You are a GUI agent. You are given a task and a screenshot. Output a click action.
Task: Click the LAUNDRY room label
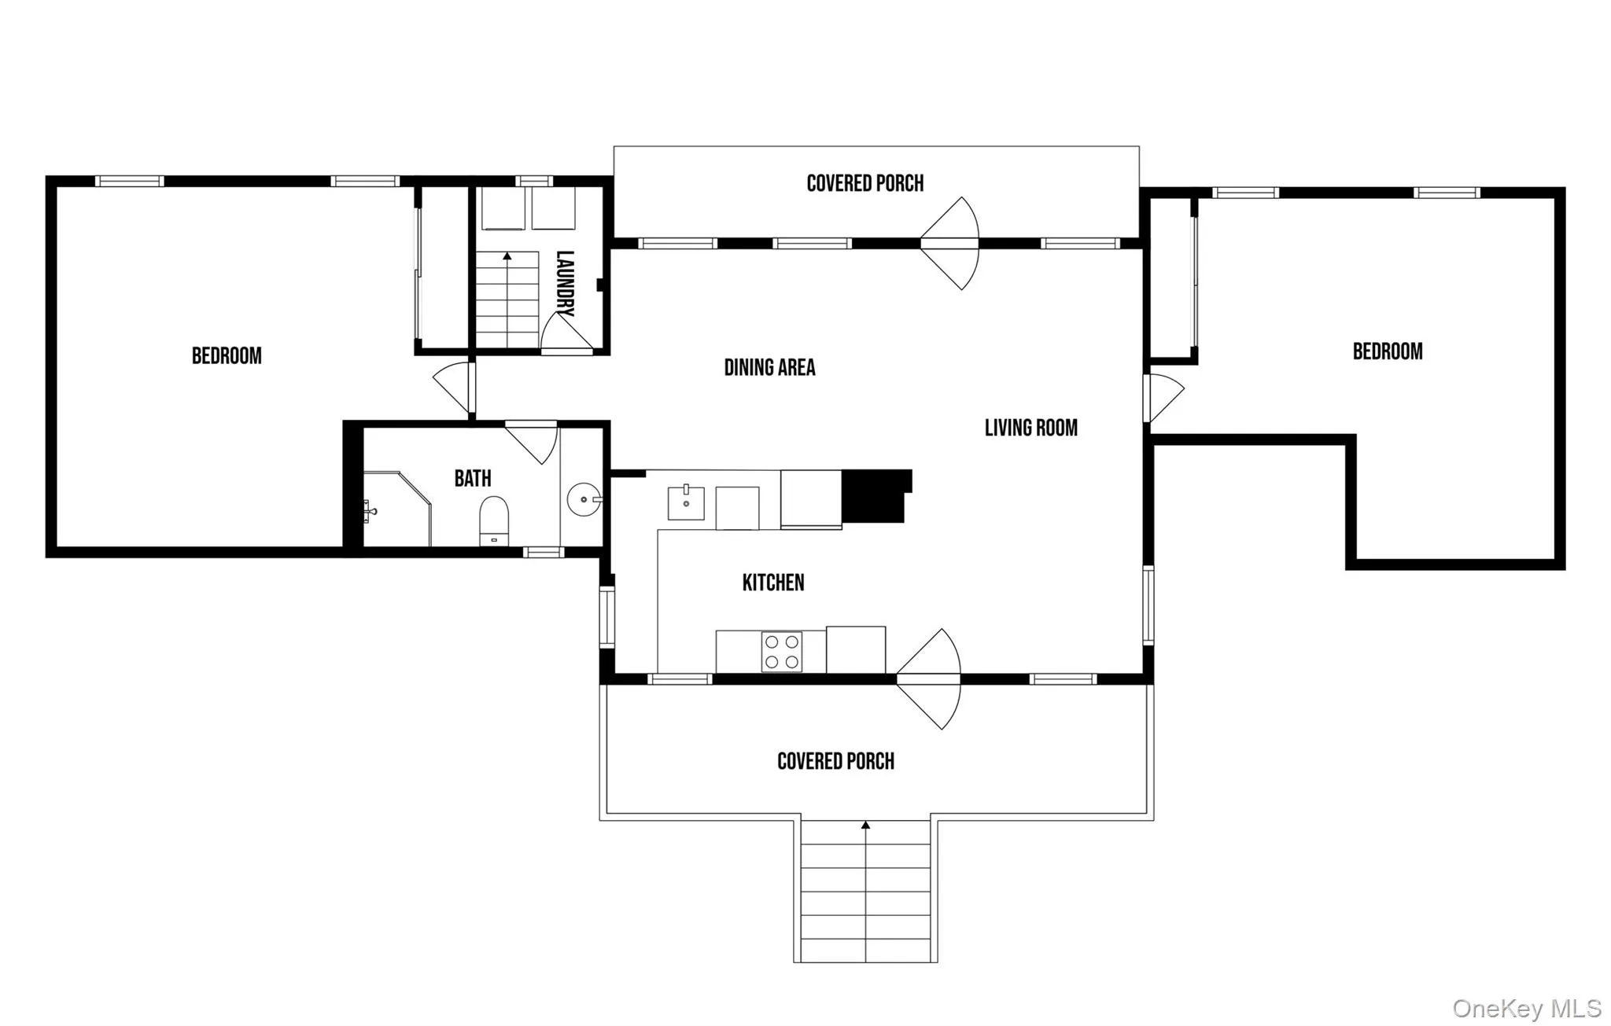[x=565, y=284]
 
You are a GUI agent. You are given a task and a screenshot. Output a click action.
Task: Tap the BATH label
[x=473, y=478]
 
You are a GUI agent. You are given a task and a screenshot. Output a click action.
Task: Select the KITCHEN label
[x=773, y=583]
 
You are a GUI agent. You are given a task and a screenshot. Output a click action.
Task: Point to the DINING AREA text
[x=769, y=367]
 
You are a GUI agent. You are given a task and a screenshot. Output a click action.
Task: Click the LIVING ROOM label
[x=1031, y=428]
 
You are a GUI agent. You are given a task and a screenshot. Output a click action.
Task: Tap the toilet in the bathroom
[x=494, y=520]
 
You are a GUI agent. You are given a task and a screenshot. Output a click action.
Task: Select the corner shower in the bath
[x=397, y=509]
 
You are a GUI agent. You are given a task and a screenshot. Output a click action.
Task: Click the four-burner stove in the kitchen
[x=782, y=652]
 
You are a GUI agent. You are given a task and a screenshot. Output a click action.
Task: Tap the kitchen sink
[x=686, y=503]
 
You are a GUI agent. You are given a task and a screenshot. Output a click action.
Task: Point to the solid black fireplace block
[x=876, y=496]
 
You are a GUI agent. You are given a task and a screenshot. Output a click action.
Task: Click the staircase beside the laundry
[x=507, y=300]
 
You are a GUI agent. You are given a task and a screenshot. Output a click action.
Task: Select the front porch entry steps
[x=865, y=892]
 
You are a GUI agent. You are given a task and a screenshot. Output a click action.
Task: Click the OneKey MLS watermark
[x=1526, y=1008]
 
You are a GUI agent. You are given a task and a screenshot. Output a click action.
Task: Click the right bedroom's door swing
[x=1163, y=398]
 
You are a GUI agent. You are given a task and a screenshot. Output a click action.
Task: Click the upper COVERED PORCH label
[x=865, y=183]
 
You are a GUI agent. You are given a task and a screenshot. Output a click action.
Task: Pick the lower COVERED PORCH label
[x=835, y=761]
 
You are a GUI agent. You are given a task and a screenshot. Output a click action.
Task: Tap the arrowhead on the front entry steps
[x=865, y=825]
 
